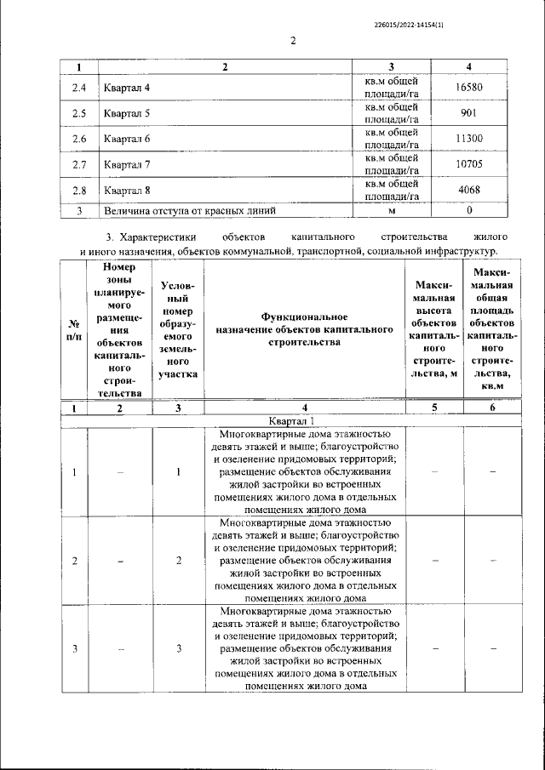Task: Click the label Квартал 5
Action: click(x=127, y=112)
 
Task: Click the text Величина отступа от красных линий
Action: click(x=188, y=209)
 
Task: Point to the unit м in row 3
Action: click(x=392, y=209)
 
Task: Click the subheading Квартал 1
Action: click(x=291, y=420)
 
